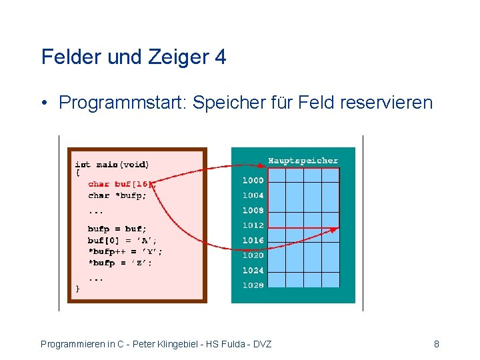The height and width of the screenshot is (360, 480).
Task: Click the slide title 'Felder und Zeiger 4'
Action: (x=133, y=57)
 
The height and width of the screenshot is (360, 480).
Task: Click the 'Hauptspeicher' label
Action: (x=303, y=161)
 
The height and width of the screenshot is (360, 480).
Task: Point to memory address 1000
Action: (x=253, y=180)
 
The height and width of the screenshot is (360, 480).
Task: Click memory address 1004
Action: (x=253, y=195)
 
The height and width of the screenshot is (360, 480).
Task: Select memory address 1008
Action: (x=253, y=211)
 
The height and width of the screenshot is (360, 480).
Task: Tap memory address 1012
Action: (x=253, y=225)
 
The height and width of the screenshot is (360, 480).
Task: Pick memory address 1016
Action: (x=253, y=240)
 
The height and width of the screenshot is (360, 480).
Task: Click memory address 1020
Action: (x=253, y=255)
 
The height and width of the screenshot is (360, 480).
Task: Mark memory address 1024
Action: (x=253, y=271)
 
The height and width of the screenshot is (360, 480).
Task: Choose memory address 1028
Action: (x=253, y=285)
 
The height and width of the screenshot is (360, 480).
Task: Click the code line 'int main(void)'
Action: (x=112, y=164)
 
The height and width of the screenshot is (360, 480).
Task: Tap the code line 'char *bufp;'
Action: (x=117, y=195)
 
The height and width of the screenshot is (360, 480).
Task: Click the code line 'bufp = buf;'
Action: (x=117, y=229)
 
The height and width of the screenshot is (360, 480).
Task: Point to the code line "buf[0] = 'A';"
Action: (x=123, y=240)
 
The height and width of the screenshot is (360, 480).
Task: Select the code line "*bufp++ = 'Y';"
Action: (x=125, y=251)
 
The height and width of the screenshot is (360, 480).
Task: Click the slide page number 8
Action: (x=436, y=344)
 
